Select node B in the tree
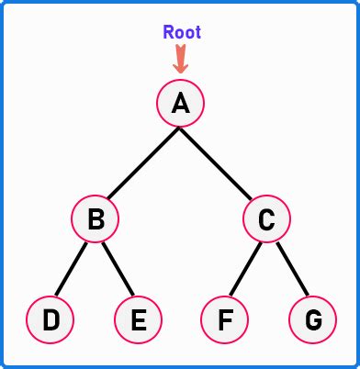pos(96,219)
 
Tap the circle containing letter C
pos(266,219)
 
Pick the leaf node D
pos(51,319)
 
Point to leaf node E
pos(139,319)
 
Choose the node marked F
pos(224,319)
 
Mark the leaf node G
pos(312,319)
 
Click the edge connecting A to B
pos(141,162)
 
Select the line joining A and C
pos(219,162)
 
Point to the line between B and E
pos(118,272)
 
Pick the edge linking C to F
pos(245,272)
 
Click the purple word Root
pos(182,32)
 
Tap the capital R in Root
pos(169,32)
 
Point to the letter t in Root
pos(197,32)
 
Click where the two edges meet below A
pos(181,129)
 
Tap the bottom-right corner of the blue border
pos(356,365)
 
